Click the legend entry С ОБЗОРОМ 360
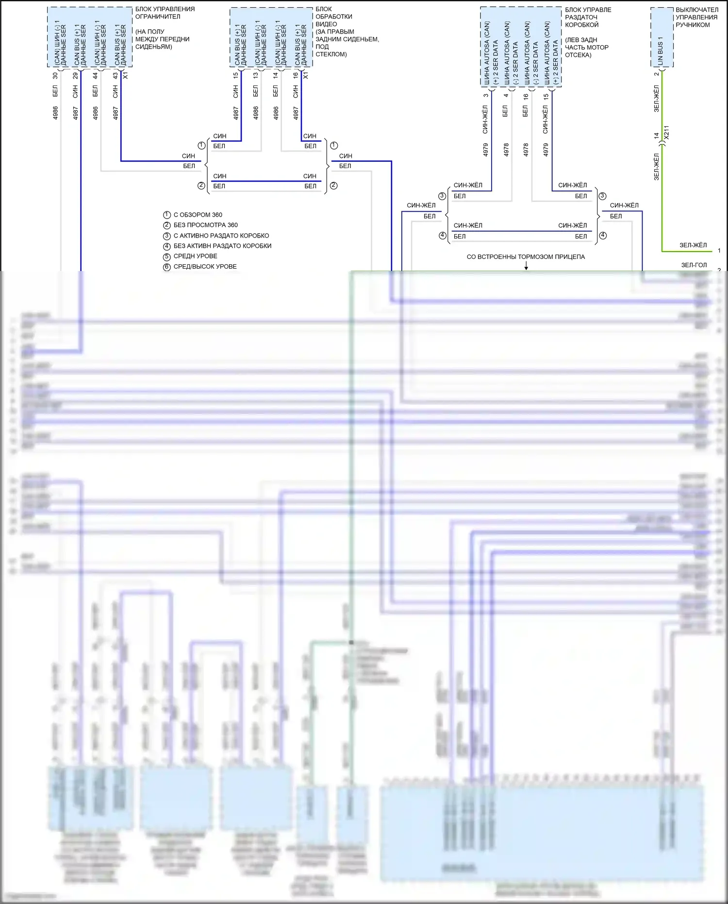click(x=198, y=215)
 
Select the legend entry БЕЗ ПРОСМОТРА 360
click(x=205, y=225)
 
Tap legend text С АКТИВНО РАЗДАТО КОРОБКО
click(x=221, y=236)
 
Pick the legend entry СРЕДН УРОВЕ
click(x=195, y=256)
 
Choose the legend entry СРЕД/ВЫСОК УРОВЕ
click(x=205, y=267)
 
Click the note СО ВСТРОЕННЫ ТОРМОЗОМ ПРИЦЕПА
click(x=526, y=256)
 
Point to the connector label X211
click(x=666, y=133)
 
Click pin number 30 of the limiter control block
click(x=55, y=76)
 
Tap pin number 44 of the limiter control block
click(x=96, y=76)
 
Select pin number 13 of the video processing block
click(x=256, y=76)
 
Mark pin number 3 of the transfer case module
click(x=486, y=95)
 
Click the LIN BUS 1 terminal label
click(x=660, y=51)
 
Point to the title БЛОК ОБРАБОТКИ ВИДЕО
click(x=333, y=17)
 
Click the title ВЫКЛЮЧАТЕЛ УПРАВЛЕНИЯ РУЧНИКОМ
click(x=696, y=17)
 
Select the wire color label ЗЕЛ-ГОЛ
click(x=694, y=265)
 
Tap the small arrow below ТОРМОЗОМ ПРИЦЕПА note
click(x=526, y=266)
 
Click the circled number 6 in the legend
click(x=167, y=267)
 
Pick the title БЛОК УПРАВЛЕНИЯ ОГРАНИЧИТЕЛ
click(x=165, y=13)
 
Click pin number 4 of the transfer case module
click(x=506, y=95)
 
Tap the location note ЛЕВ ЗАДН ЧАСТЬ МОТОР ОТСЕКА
click(x=586, y=47)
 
